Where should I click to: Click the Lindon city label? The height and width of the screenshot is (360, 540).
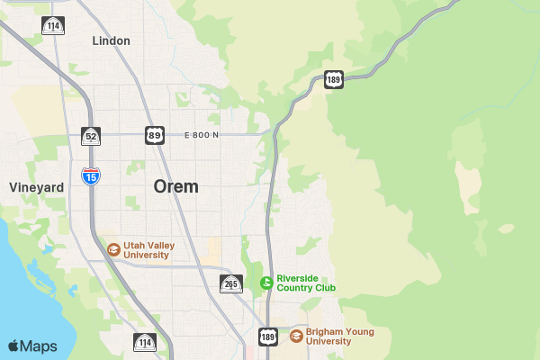111,40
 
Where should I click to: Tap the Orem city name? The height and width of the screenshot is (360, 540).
176,186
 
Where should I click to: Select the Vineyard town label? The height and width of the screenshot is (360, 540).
36,187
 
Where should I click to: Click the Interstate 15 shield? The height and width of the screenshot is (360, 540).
90,175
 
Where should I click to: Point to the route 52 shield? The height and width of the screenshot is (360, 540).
90,136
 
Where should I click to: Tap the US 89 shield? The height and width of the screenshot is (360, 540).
154,136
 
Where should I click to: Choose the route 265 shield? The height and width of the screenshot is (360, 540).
231,284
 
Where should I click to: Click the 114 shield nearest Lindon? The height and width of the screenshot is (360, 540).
53,25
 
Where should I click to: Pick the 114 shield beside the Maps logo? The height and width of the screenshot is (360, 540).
144,342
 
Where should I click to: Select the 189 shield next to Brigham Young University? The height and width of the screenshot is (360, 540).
268,337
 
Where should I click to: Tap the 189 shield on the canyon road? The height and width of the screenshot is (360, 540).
334,79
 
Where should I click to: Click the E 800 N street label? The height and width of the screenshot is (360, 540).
201,135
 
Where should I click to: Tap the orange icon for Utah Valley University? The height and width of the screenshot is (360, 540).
113,249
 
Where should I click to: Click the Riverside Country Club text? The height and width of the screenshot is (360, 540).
306,283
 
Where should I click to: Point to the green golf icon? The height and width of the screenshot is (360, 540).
266,283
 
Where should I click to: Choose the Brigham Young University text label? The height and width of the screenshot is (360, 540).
339,336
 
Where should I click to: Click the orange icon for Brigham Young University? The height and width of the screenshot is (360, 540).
296,336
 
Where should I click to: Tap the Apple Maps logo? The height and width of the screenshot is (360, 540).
32,346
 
